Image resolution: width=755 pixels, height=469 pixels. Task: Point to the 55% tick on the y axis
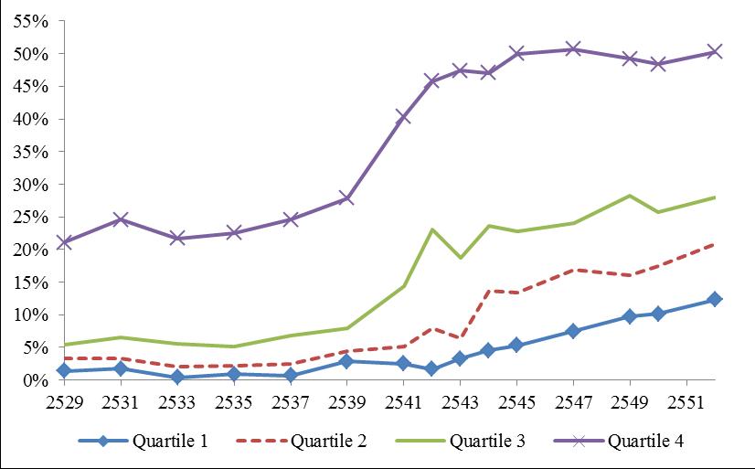(33, 21)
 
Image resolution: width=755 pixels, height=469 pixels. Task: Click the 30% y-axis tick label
(33, 185)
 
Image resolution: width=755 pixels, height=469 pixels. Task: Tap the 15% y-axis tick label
(33, 282)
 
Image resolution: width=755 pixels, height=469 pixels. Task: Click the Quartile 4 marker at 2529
(64, 242)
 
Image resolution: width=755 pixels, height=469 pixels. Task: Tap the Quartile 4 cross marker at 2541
(403, 117)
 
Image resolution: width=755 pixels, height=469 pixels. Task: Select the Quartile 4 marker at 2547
(573, 49)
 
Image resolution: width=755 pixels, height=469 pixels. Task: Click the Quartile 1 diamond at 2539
(346, 361)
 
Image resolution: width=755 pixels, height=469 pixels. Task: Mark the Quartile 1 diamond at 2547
(573, 331)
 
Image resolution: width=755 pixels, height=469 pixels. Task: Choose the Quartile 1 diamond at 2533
(177, 377)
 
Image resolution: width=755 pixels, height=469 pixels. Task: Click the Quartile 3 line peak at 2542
(431, 229)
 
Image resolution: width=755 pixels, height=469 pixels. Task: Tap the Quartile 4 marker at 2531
(121, 219)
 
